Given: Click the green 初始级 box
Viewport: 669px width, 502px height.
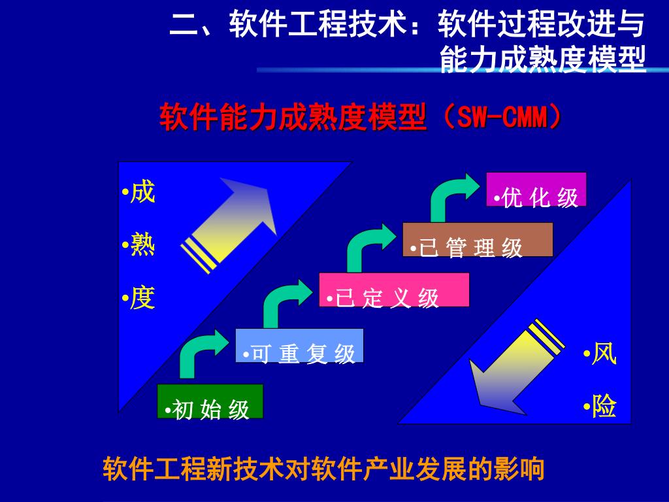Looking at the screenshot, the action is [x=210, y=401].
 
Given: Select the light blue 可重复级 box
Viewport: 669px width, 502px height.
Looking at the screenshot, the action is [x=299, y=344].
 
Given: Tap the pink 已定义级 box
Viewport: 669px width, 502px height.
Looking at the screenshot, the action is [x=394, y=289].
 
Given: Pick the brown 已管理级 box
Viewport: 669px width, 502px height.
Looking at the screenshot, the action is [x=478, y=239].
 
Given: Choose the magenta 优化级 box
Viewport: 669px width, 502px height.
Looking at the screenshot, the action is [x=536, y=189].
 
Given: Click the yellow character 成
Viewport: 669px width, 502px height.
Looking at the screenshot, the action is [x=142, y=193].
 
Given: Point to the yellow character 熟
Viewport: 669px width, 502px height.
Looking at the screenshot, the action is [x=142, y=245].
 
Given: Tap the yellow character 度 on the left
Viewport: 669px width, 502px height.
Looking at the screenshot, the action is [x=142, y=298].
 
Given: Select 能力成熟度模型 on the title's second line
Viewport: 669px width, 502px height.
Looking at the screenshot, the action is [x=543, y=59].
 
